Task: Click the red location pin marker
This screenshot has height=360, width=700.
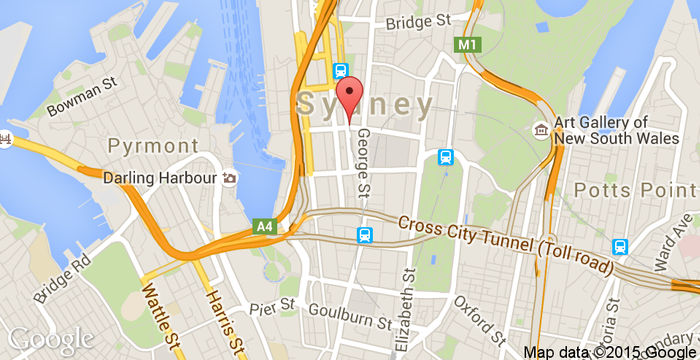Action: pos(348,101)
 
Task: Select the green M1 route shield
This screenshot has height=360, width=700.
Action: pos(466,45)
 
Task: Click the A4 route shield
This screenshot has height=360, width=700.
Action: pos(264,227)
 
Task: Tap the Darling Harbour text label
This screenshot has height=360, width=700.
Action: pos(160,178)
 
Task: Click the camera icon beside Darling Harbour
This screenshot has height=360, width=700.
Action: pos(230,178)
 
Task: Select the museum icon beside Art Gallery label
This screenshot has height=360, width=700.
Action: pos(541,129)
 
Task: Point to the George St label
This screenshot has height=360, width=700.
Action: pos(364,161)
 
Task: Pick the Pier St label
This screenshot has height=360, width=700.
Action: pos(275,304)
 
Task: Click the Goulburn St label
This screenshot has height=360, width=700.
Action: pos(349,320)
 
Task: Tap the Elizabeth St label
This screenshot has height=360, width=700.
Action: pos(405,310)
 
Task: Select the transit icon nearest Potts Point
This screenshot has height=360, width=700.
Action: pos(620,247)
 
